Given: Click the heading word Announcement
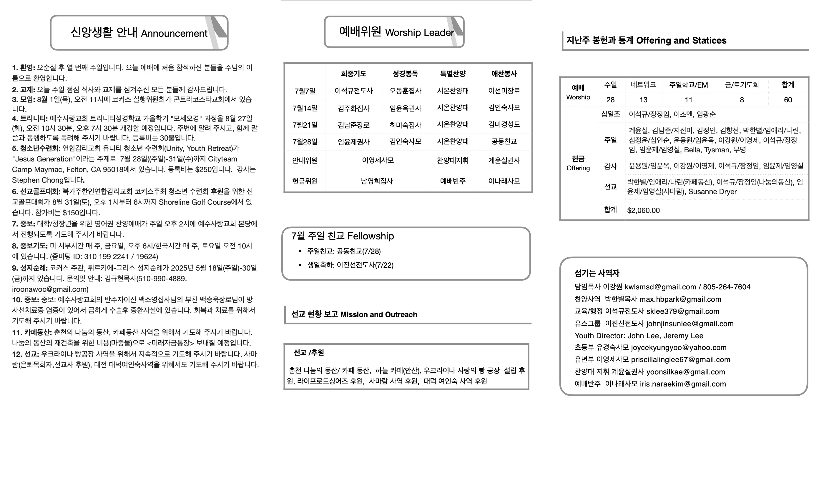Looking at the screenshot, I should coord(174,34).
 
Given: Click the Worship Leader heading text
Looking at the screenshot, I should coord(419,32).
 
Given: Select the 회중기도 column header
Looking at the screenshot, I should coord(353,74).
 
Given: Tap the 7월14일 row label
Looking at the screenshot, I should coord(305,108).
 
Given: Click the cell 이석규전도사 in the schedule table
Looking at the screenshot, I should coord(353,91).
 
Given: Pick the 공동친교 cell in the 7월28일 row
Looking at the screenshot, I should coord(504,141).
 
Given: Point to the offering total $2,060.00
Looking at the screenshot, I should coord(643,211).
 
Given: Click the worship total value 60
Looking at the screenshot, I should coord(788,100).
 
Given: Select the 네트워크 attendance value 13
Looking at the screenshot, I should coord(643,100).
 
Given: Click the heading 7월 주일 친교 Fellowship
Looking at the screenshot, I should coord(343,236).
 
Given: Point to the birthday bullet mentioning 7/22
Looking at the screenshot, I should coord(350,265).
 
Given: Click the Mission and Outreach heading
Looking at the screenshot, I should coord(378,314).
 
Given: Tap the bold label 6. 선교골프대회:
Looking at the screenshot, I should coord(36,191).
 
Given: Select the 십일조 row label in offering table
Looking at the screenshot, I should coord(610,114).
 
